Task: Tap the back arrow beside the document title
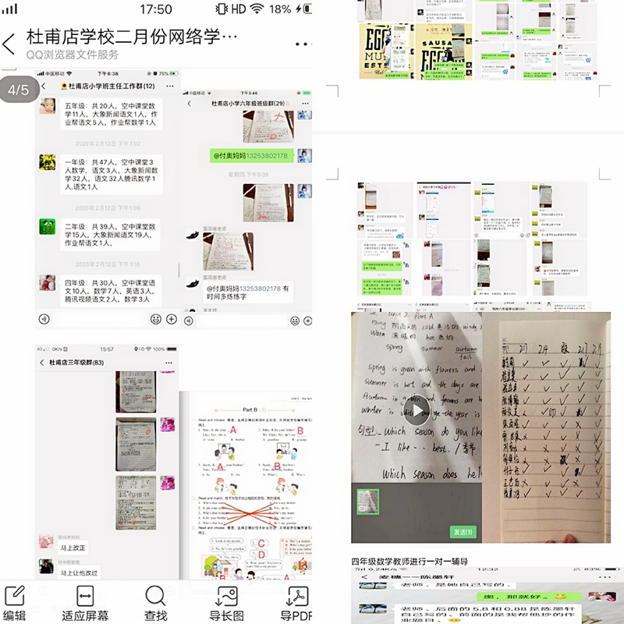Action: point(9,44)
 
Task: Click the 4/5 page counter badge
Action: point(18,90)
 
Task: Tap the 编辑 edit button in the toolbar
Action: point(14,603)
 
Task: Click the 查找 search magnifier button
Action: point(155,603)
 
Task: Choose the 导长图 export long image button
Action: point(226,603)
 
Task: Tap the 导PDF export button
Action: point(296,603)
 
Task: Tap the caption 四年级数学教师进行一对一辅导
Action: point(409,561)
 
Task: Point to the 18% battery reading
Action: point(280,9)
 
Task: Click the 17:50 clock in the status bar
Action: point(156,9)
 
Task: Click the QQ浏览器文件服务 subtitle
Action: point(73,55)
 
